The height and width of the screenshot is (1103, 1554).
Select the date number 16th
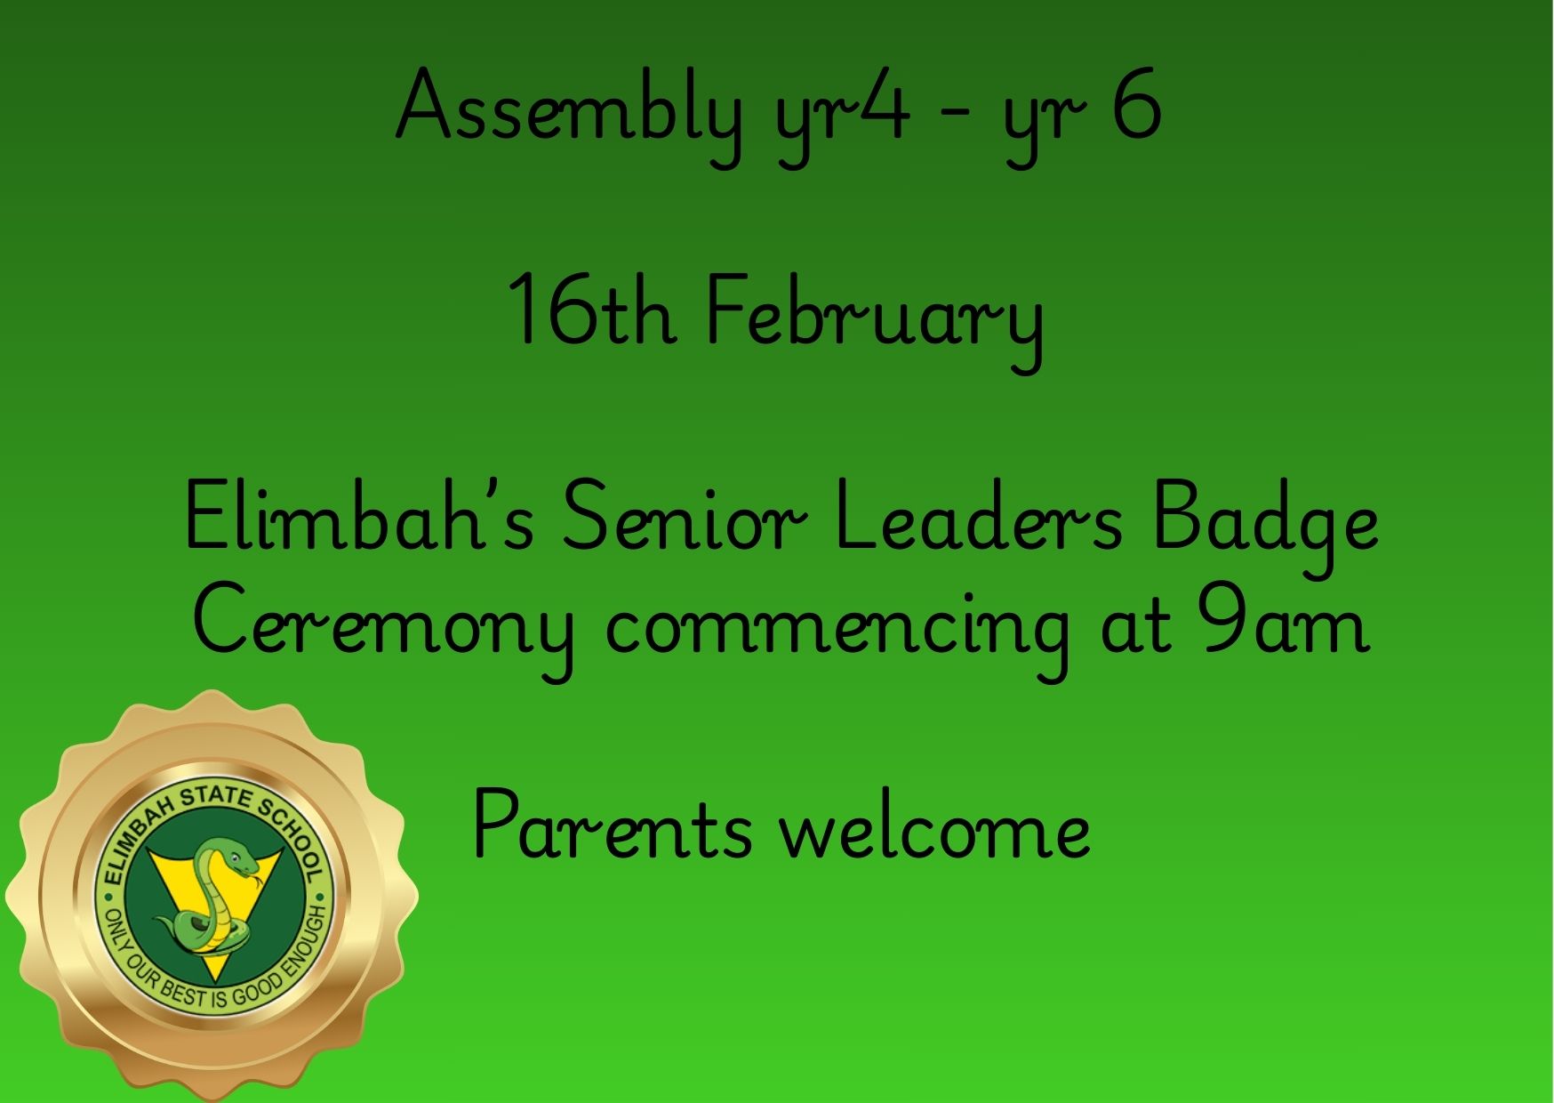coord(590,309)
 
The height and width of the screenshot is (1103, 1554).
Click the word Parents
coord(613,826)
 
